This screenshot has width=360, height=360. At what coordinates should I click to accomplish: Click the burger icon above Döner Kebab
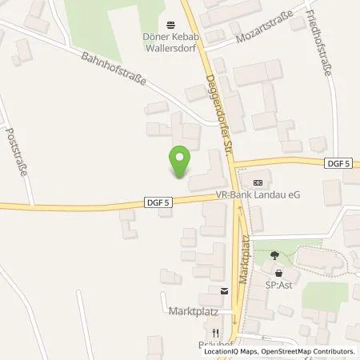(169, 23)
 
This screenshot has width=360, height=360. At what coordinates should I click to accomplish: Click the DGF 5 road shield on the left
(157, 203)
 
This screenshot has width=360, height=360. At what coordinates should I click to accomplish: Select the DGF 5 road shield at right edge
(339, 163)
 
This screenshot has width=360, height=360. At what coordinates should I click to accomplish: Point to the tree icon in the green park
(275, 256)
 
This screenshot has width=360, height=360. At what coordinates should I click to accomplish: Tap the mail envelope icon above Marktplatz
(225, 291)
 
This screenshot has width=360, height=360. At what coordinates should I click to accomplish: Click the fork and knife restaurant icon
(214, 332)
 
